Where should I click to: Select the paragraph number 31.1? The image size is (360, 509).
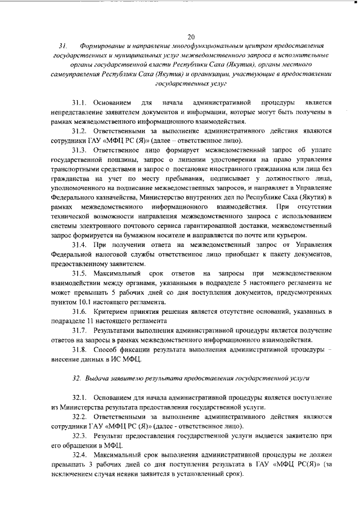[x=80, y=104]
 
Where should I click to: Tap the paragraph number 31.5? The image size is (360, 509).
[x=80, y=273]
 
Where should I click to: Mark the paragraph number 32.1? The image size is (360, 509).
[x=80, y=398]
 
